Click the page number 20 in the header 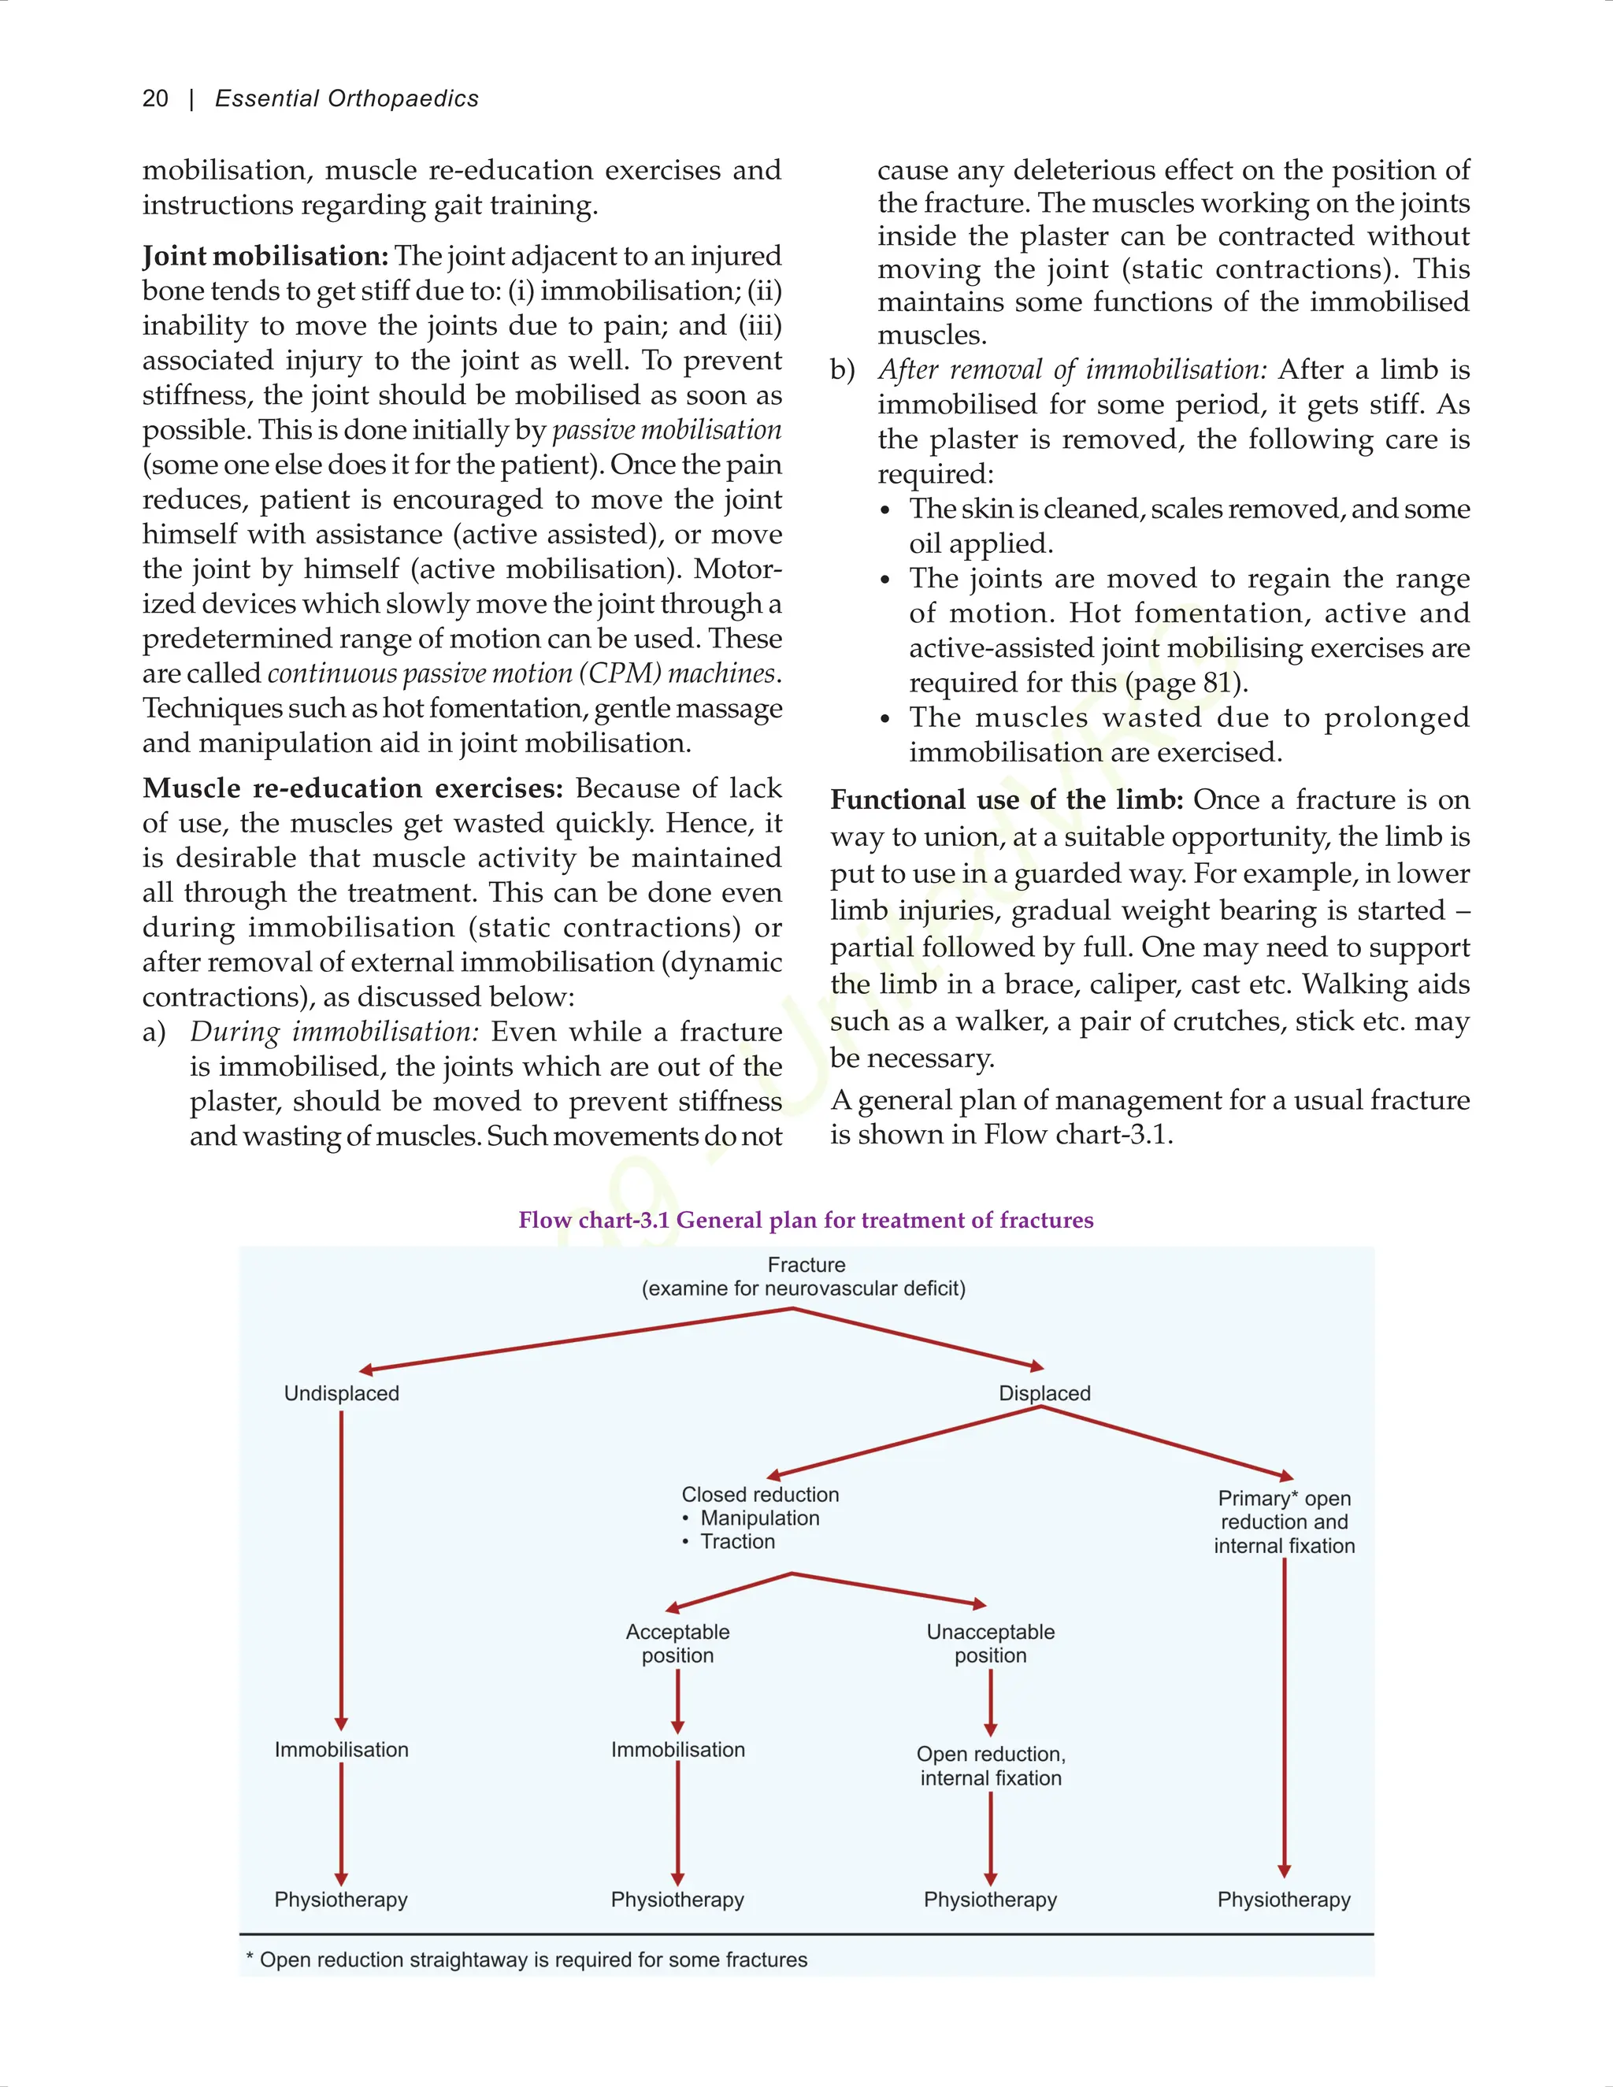click(x=155, y=98)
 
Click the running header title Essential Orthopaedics click(x=346, y=98)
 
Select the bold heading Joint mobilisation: click(x=265, y=256)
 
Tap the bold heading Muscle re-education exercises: click(x=353, y=788)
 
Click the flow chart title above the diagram click(x=806, y=1220)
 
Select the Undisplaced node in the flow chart click(x=341, y=1393)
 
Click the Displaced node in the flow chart click(x=1044, y=1393)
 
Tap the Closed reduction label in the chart click(x=760, y=1495)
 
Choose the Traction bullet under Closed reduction click(x=736, y=1541)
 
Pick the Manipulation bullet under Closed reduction click(x=760, y=1518)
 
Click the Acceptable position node click(x=677, y=1644)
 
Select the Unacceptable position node click(x=990, y=1644)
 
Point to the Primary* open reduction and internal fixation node click(x=1285, y=1522)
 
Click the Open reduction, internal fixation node click(x=991, y=1766)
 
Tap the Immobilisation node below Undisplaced click(x=341, y=1750)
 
